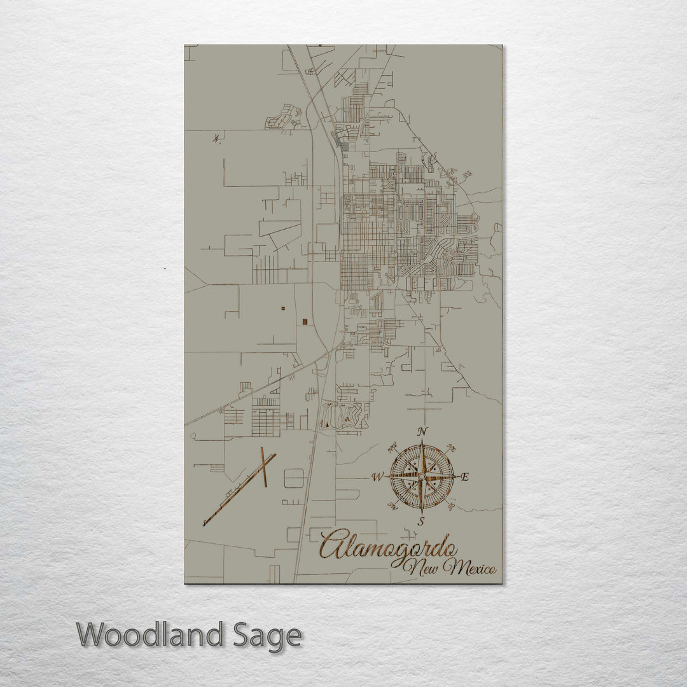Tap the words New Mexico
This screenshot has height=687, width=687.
[453, 567]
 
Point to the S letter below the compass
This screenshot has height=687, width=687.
[420, 522]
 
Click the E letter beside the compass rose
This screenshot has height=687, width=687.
[464, 477]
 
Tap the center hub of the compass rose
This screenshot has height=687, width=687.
[421, 476]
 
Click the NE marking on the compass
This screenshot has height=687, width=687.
[451, 447]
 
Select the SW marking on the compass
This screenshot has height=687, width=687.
[392, 506]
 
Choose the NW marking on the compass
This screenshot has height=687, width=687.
[392, 446]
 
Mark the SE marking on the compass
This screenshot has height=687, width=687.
[450, 506]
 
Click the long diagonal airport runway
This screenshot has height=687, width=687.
[239, 490]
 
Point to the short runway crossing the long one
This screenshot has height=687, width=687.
[263, 468]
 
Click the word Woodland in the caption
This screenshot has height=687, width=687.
[151, 635]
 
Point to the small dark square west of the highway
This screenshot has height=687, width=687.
[305, 321]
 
